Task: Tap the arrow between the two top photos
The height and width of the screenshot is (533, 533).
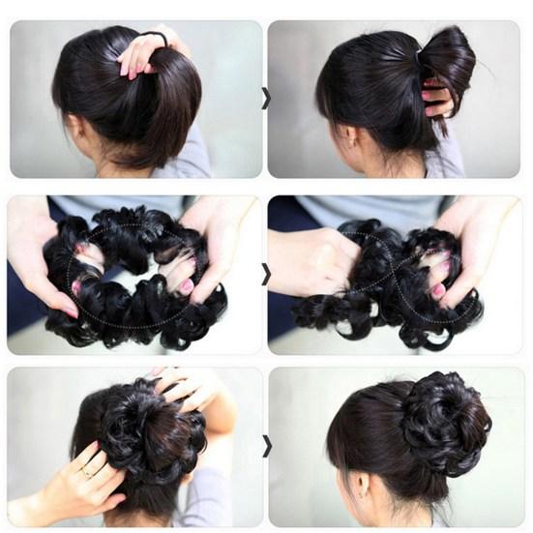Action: coord(266,98)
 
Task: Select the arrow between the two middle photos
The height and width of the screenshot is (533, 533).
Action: coord(266,275)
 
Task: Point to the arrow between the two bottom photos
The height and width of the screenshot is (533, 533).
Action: coord(266,448)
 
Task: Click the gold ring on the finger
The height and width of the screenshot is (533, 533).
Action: coord(87,472)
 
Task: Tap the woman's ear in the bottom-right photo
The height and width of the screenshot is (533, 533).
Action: coord(356,480)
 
